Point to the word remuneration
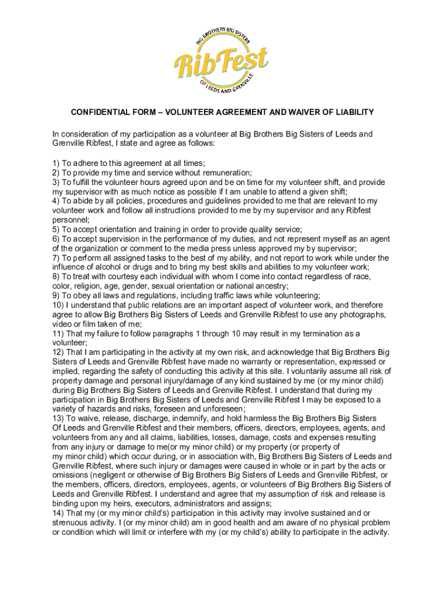click(226, 173)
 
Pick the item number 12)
click(58, 352)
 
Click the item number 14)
click(58, 513)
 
